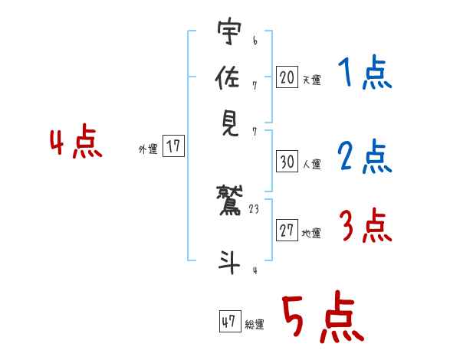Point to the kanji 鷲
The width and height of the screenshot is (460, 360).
229,201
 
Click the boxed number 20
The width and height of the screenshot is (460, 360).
287,77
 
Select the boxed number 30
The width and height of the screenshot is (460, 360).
287,162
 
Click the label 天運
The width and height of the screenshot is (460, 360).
311,80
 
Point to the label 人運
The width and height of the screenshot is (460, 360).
311,164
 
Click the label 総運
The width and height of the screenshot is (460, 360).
255,325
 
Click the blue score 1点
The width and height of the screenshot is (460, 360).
364,74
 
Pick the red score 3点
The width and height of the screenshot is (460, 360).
364,227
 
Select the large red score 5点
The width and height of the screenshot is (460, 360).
321,319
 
